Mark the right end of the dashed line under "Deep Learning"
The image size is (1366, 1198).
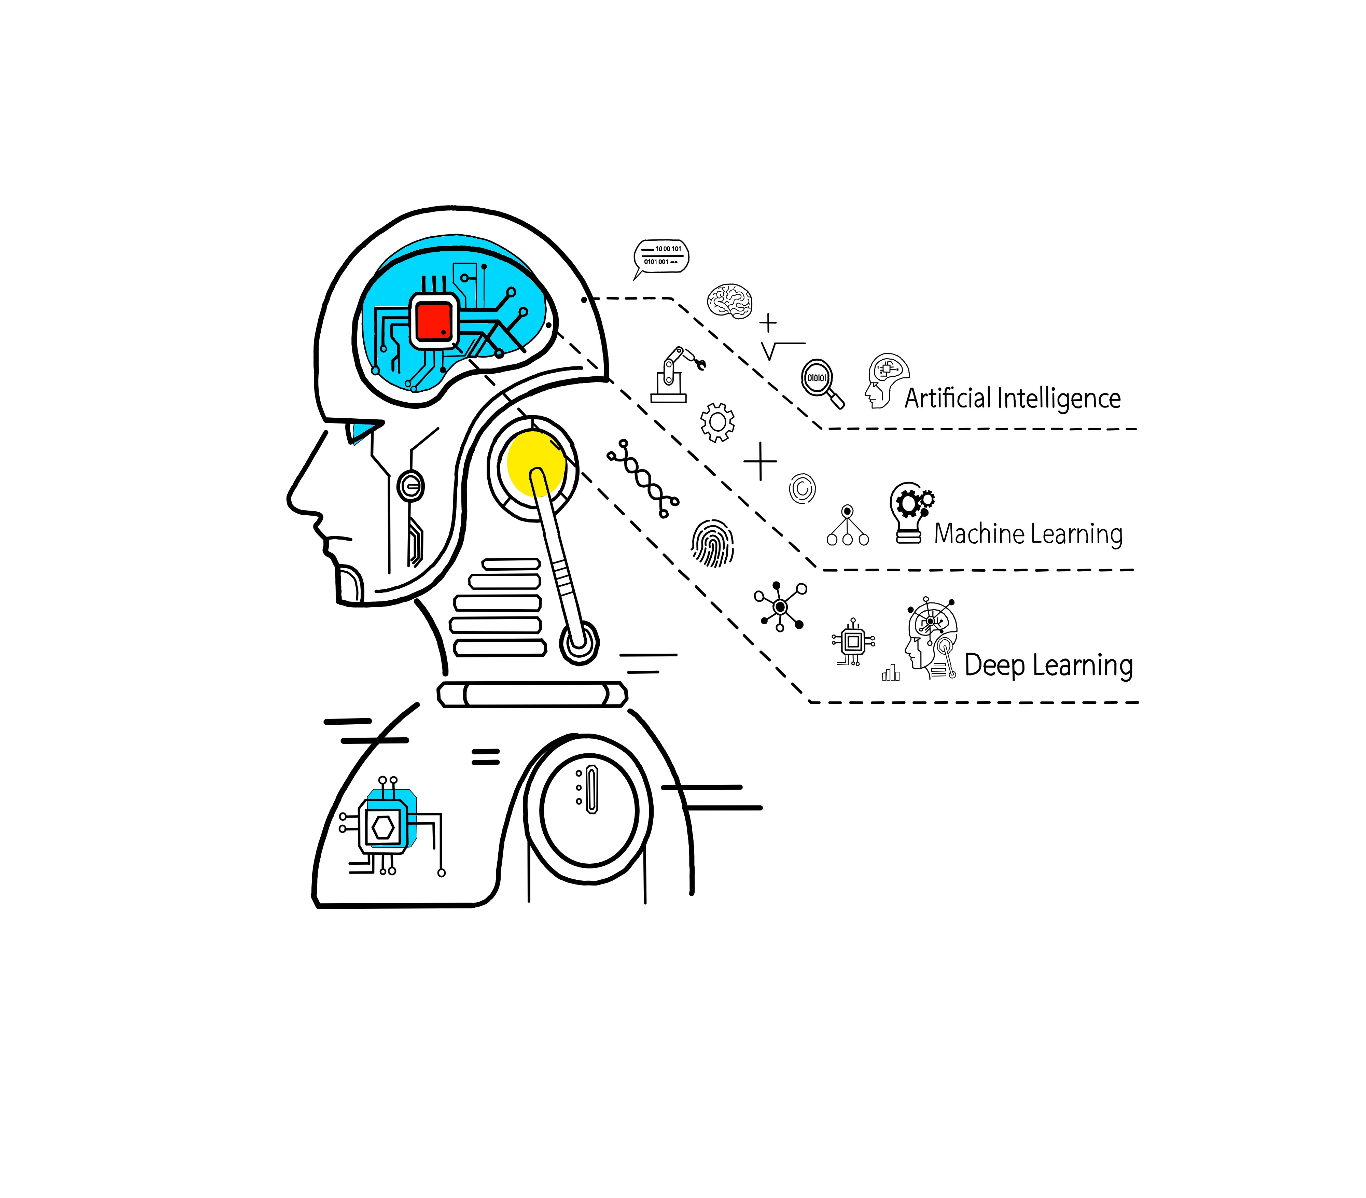[1138, 702]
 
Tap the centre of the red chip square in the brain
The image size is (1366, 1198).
[434, 321]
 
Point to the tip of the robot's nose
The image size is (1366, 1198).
[289, 499]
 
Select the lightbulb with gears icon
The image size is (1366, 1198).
[911, 513]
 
